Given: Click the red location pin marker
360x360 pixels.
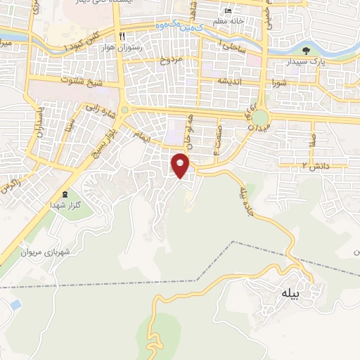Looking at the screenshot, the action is [181, 166].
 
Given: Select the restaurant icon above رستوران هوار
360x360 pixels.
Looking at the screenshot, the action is [122, 37].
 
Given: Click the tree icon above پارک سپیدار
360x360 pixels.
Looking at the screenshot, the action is [306, 50].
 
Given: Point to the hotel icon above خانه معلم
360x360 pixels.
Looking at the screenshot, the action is [226, 12].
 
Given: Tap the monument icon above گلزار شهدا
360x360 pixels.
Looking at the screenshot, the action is [65, 195].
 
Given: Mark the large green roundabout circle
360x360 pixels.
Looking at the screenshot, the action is [261, 117].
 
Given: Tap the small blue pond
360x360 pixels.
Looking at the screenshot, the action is [14, 305].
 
